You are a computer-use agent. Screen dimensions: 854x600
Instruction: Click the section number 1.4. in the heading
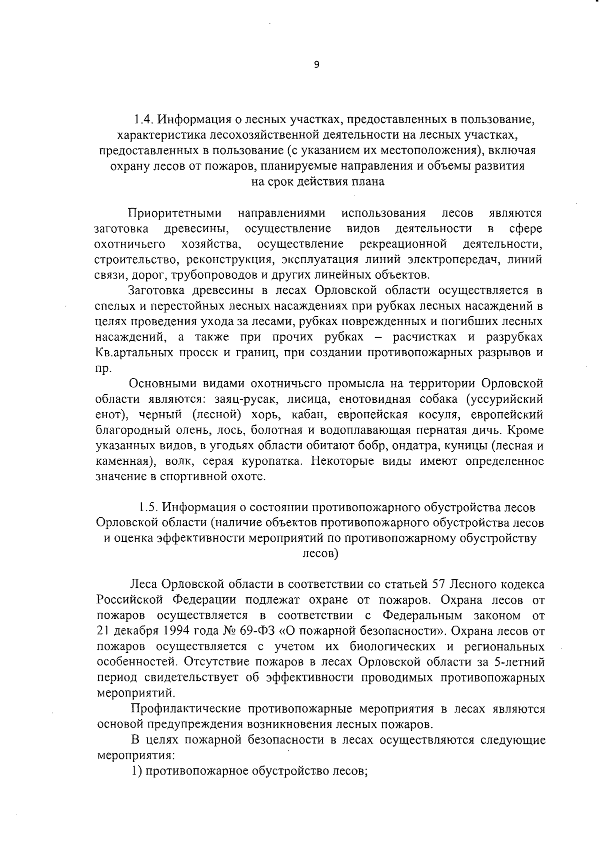pyautogui.click(x=144, y=120)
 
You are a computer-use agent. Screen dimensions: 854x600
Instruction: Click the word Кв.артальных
pyautogui.click(x=133, y=353)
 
